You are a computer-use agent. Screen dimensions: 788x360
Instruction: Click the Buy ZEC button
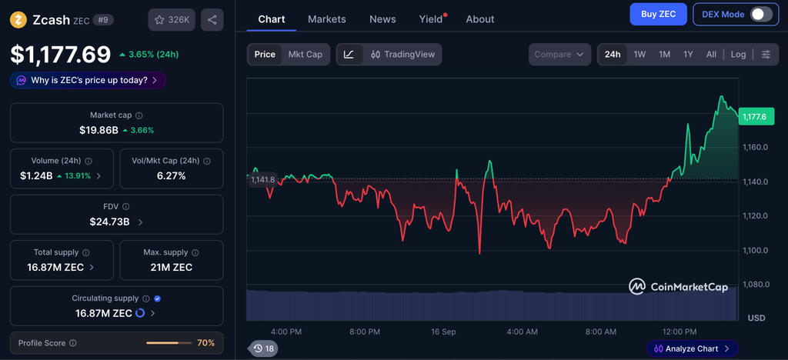point(659,14)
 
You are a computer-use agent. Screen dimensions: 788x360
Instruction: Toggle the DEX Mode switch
point(761,14)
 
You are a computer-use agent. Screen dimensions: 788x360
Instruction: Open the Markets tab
point(326,19)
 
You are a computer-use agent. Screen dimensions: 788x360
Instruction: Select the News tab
point(382,19)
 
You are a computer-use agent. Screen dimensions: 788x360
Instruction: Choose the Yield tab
point(431,19)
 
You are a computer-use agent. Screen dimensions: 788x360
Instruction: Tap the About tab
point(480,19)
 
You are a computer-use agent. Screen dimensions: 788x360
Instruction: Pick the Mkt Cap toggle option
point(305,54)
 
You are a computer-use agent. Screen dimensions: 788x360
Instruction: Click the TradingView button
point(403,54)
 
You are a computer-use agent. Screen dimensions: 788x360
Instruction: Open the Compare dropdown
point(559,54)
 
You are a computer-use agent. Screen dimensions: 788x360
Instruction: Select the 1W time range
point(639,54)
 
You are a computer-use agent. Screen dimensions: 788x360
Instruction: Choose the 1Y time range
point(688,54)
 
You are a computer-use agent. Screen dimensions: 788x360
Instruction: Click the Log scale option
point(738,54)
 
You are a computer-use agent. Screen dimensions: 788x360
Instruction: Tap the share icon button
point(212,20)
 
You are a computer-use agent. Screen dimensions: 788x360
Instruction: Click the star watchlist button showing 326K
point(172,20)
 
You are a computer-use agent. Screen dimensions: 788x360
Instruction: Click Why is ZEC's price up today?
point(89,80)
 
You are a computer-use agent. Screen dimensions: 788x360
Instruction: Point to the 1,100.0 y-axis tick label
point(756,250)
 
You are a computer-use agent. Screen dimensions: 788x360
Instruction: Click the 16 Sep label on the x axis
point(443,332)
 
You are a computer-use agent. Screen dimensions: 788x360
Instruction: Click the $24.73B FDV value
point(109,222)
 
